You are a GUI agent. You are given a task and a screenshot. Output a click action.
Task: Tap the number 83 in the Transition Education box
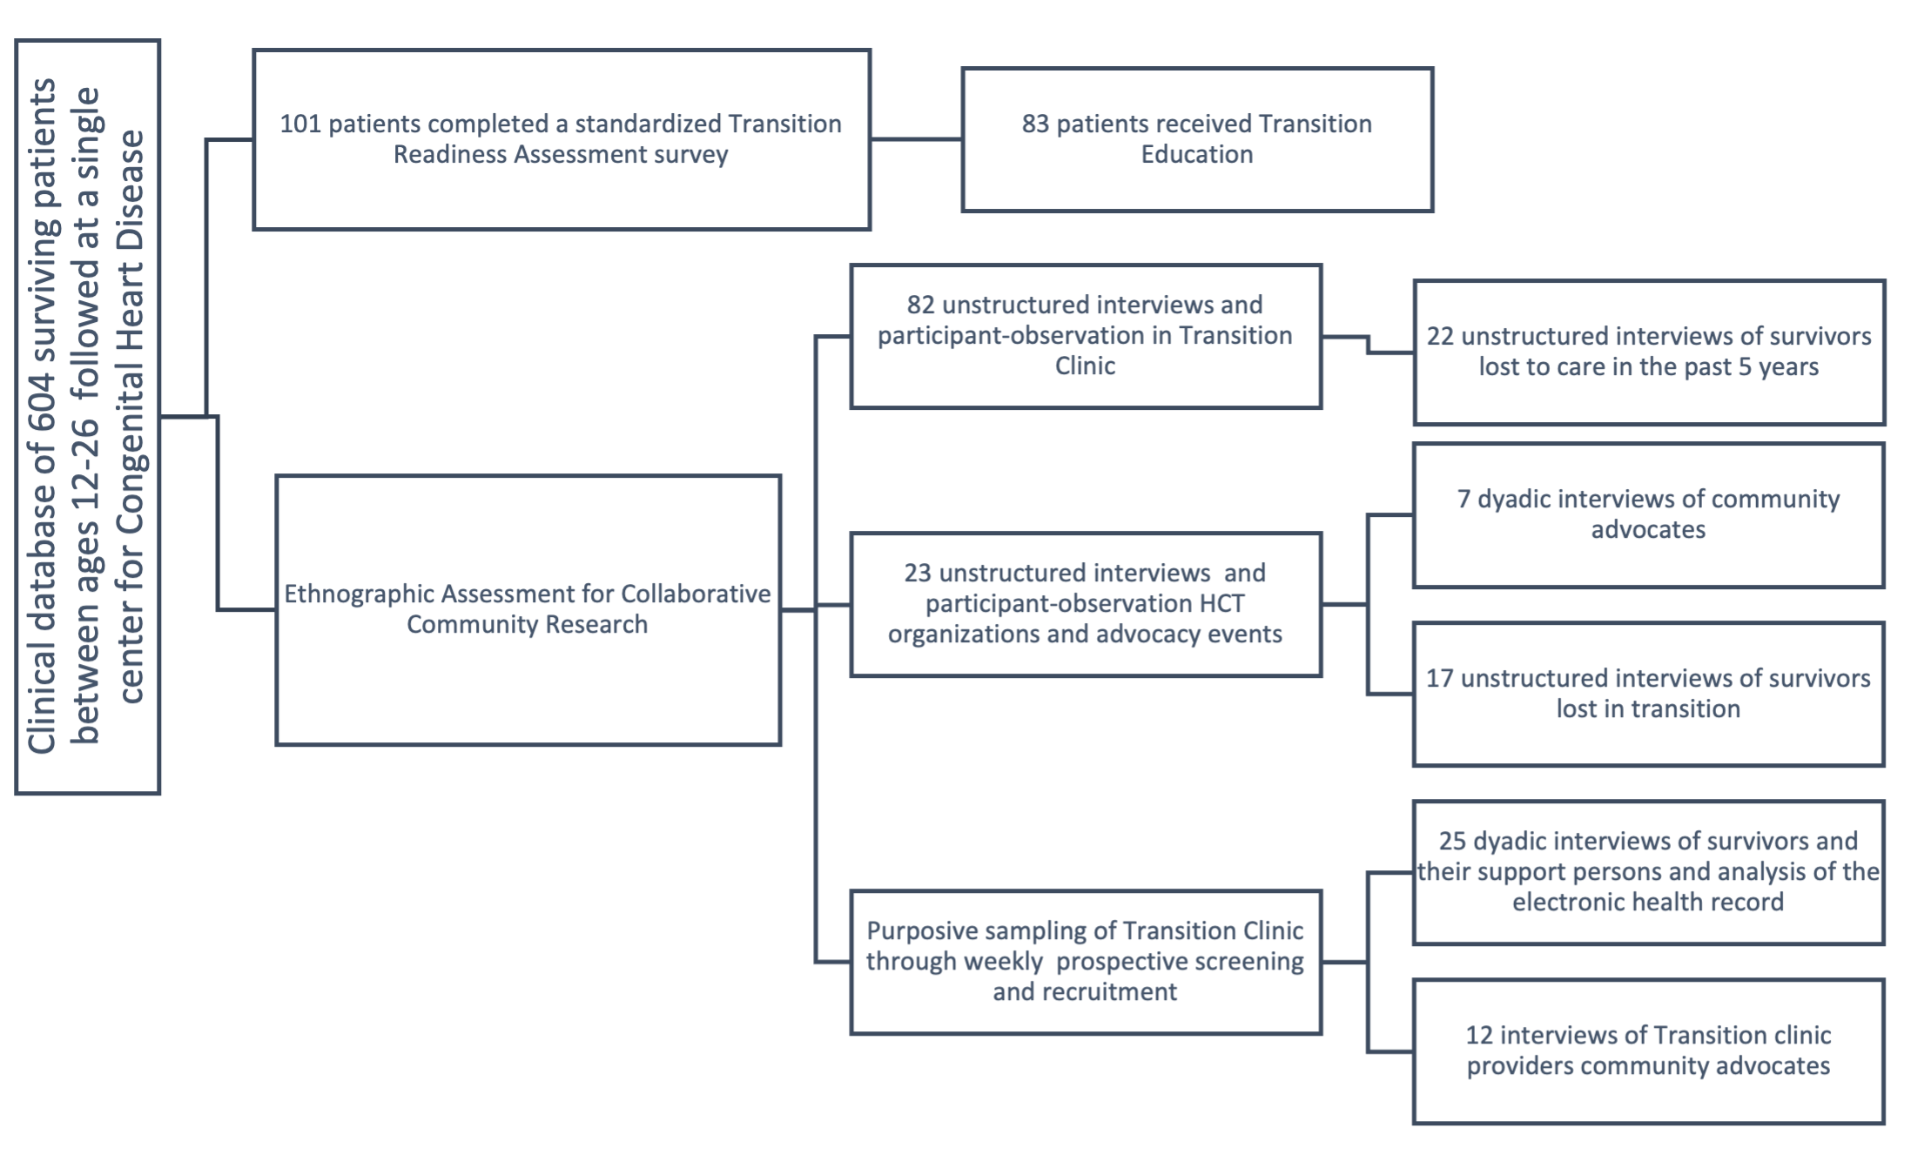click(1035, 124)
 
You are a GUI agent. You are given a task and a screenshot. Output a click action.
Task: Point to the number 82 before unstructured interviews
click(920, 305)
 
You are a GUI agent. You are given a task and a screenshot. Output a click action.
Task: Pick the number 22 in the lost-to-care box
click(1440, 336)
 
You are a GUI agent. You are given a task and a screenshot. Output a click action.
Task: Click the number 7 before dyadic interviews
click(1464, 499)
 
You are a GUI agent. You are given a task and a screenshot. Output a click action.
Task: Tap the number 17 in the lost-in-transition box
click(1439, 678)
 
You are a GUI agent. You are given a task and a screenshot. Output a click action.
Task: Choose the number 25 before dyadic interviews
click(1452, 841)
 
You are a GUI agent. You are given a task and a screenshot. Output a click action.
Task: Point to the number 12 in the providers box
click(1479, 1035)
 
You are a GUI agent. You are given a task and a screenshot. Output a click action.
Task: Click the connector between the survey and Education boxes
click(916, 138)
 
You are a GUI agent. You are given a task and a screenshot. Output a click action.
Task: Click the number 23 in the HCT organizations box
click(918, 573)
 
